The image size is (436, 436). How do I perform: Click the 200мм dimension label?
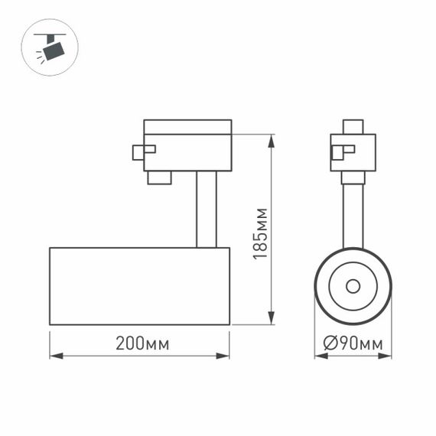pyautogui.click(x=142, y=343)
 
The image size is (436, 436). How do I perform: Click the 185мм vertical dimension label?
pyautogui.click(x=261, y=233)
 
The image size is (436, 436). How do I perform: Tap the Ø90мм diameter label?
pyautogui.click(x=353, y=343)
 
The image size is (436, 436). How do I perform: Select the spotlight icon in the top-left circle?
pyautogui.click(x=50, y=47)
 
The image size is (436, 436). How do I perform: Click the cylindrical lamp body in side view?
pyautogui.click(x=139, y=286)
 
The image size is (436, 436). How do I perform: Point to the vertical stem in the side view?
pyautogui.click(x=206, y=209)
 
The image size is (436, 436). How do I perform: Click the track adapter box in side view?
pyautogui.click(x=187, y=145)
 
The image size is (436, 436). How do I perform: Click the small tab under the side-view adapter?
pyautogui.click(x=159, y=177)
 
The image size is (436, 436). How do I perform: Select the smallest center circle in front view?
pyautogui.click(x=353, y=286)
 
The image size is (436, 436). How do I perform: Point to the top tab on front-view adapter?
pyautogui.click(x=353, y=126)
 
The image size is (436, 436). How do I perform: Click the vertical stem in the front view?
pyautogui.click(x=353, y=214)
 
